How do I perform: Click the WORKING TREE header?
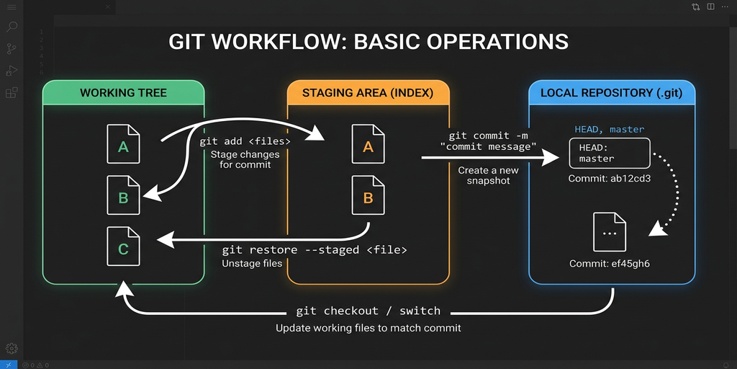(x=123, y=93)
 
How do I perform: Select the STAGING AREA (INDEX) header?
(x=368, y=93)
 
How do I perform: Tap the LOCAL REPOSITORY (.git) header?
(x=612, y=93)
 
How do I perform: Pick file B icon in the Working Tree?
(x=123, y=195)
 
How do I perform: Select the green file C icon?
(x=123, y=246)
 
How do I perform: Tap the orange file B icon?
(x=368, y=195)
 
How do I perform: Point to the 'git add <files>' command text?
(x=245, y=141)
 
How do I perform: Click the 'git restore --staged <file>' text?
(x=315, y=250)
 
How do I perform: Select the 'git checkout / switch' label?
(x=368, y=311)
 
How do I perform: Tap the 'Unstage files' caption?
(x=252, y=264)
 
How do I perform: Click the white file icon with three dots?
(x=609, y=232)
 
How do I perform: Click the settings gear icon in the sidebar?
(x=12, y=348)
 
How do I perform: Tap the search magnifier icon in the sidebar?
(x=12, y=27)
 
